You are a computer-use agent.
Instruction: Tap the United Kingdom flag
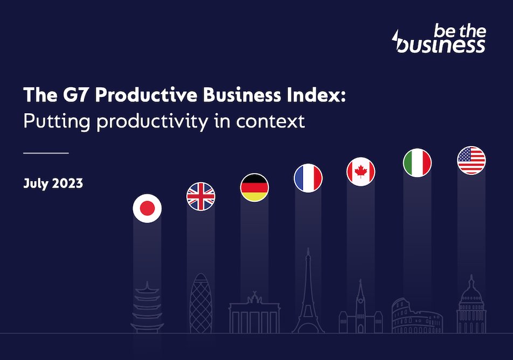coord(200,196)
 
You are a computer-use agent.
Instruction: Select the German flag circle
coord(254,188)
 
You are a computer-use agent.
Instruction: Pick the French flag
coord(308,178)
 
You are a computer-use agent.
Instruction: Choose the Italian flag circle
coord(417,162)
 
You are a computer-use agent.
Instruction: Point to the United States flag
coord(471,160)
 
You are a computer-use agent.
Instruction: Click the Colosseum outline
coord(417,315)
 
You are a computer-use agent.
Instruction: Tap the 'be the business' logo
coord(439,39)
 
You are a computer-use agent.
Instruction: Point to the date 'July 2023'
coord(53,183)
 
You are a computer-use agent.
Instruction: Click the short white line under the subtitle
coord(46,153)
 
